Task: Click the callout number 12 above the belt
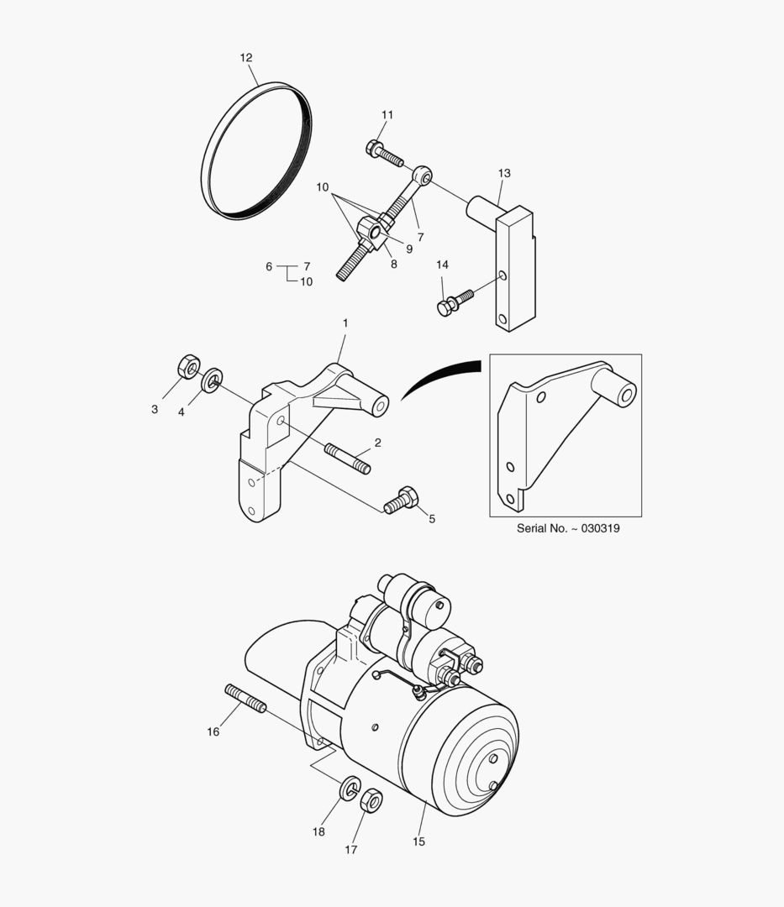(245, 58)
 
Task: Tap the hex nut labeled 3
(188, 367)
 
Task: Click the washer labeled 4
(213, 380)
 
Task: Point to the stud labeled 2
(347, 459)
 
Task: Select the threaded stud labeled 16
(245, 698)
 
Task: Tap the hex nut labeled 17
(371, 800)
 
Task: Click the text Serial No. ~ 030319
(568, 530)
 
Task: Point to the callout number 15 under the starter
(418, 841)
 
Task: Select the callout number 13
(504, 174)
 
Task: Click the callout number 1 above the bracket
(345, 323)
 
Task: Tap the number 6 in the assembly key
(269, 266)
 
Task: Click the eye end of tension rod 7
(424, 176)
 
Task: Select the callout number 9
(409, 249)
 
